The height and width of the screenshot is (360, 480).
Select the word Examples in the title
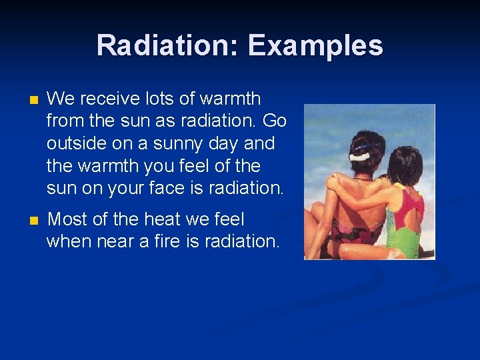pos(315,46)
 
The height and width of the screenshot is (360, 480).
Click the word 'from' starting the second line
pos(65,121)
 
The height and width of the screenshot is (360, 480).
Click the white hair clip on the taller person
pos(360,156)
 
